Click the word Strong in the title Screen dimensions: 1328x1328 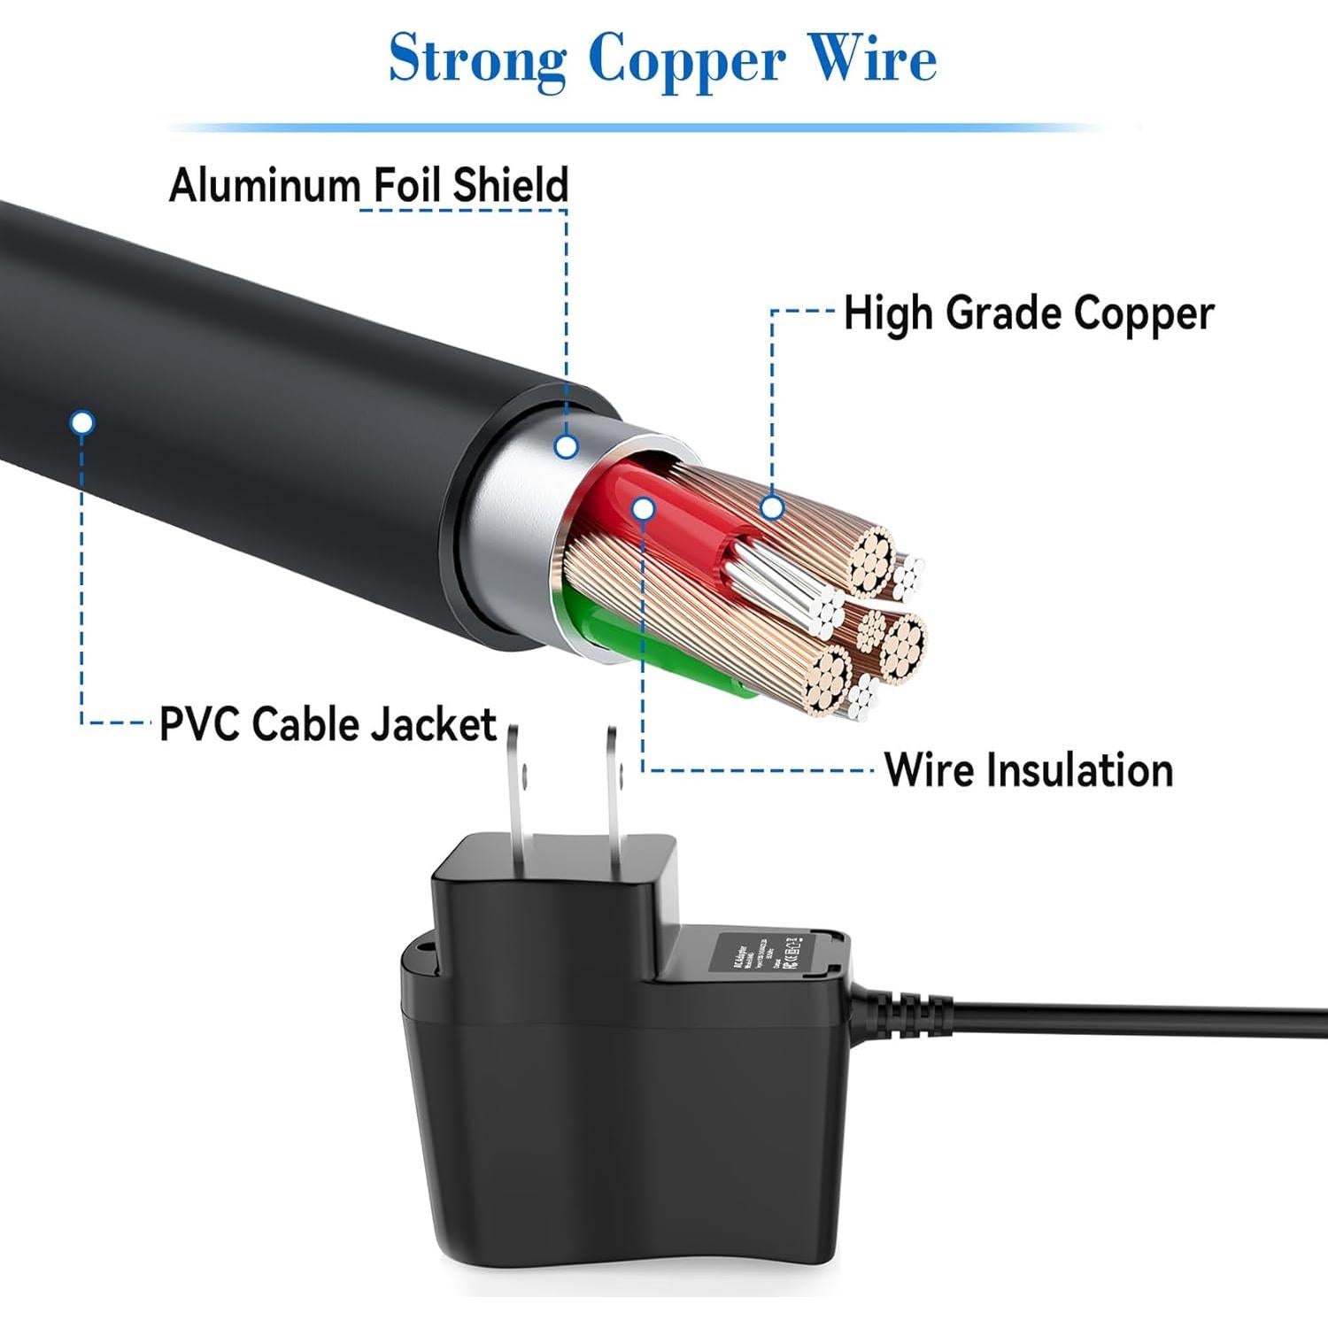tap(477, 60)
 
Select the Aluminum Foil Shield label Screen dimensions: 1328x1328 tap(368, 185)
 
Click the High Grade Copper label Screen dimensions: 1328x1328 tap(1028, 313)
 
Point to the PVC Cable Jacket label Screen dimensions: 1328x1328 tap(328, 724)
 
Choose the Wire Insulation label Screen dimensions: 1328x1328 tap(1029, 769)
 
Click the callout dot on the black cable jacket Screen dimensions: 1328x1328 tap(82, 422)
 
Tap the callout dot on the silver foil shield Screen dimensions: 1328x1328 tap(567, 445)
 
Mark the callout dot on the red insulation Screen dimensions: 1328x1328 tap(644, 508)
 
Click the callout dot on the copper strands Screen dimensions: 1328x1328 tap(772, 507)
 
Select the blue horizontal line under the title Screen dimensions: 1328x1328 tap(637, 127)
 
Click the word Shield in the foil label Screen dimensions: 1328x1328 tap(510, 185)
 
